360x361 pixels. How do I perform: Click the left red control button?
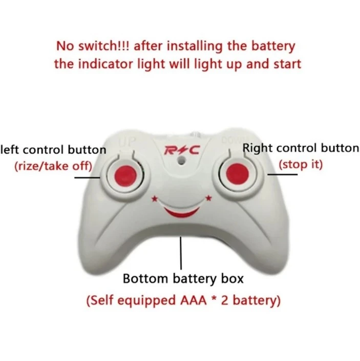(125, 176)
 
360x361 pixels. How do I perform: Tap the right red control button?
(238, 174)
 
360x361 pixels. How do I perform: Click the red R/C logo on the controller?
(182, 150)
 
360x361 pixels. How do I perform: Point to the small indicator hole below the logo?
(181, 160)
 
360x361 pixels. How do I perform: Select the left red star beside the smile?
(155, 198)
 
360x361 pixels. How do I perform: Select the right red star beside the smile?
(209, 197)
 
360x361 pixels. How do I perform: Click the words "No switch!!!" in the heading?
(93, 46)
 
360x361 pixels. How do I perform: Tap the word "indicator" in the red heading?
(105, 64)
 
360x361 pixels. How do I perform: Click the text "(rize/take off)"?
(53, 166)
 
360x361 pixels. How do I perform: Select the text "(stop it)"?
(301, 165)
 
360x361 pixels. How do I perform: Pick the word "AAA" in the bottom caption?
(194, 300)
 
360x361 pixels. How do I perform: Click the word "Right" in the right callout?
(258, 148)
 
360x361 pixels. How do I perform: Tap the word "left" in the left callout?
(10, 150)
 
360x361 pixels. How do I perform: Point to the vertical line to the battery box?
(181, 253)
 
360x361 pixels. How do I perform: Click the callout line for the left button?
(88, 178)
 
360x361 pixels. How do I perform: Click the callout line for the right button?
(283, 174)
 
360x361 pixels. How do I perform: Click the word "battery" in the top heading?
(273, 46)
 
